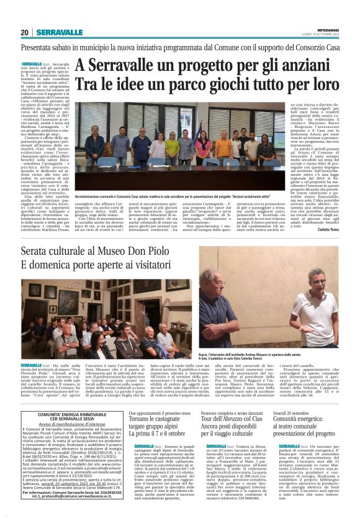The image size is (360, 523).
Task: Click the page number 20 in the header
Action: tap(25, 32)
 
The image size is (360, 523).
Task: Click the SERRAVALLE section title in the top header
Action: tap(60, 32)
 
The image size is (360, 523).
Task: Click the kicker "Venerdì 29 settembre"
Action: tap(297, 412)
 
